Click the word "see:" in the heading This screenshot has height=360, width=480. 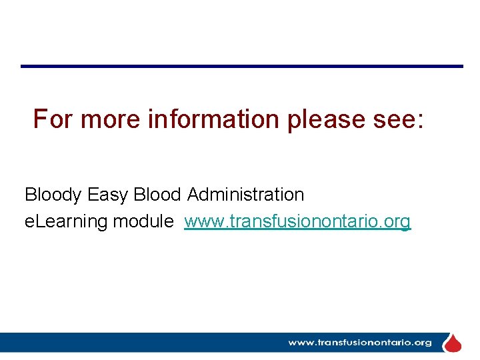399,120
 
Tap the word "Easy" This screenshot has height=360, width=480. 108,195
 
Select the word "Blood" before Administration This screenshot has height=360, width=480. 157,195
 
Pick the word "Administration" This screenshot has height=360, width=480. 245,195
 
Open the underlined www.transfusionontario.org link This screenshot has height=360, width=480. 297,221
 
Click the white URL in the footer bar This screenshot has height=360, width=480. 360,343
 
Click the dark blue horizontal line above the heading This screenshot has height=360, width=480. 241,66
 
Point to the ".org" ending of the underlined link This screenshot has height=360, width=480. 397,221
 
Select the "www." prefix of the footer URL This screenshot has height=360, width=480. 301,343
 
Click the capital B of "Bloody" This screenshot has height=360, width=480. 31,195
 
